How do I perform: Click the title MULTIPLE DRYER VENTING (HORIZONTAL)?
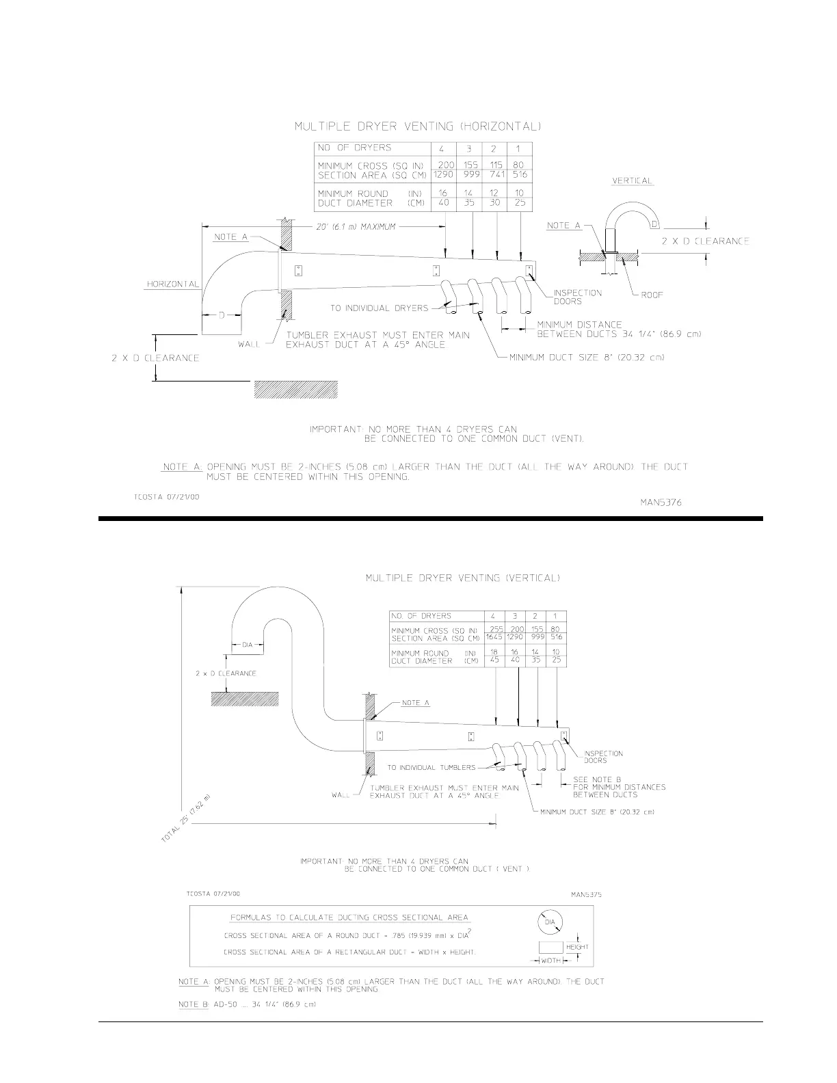418,126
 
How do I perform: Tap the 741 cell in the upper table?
497,175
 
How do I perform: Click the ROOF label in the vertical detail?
652,295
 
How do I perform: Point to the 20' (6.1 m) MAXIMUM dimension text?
356,227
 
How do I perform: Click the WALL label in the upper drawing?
249,344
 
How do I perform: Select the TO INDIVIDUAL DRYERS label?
380,308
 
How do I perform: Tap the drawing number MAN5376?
660,503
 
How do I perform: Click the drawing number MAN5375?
586,894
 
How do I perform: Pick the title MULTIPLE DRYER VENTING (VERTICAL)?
463,578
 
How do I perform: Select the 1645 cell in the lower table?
494,637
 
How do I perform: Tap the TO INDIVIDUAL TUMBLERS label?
431,768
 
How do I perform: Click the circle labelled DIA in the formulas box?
550,922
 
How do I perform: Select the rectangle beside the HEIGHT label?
550,948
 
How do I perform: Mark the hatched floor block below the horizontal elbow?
295,389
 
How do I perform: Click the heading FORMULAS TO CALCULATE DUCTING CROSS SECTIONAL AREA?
349,918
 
